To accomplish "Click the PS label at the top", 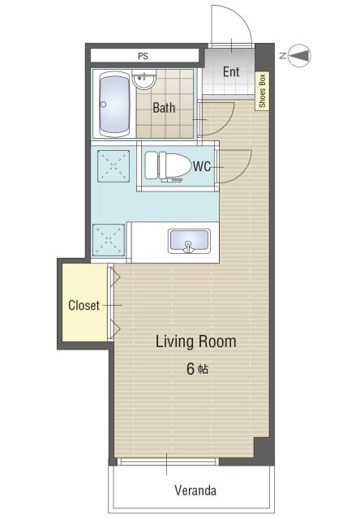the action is (143, 56).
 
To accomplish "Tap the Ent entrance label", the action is (231, 72).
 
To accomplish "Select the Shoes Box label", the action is (262, 91).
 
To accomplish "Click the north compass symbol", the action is (299, 55).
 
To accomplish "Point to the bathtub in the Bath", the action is (114, 104).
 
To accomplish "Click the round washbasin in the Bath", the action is (144, 79).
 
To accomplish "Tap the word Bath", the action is (164, 108).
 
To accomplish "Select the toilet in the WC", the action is (167, 165).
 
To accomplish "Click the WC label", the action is (202, 166).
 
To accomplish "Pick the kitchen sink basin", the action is (189, 241).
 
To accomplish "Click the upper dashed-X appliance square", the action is (114, 166).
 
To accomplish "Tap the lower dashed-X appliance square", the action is (109, 240).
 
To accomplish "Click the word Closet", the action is (84, 305).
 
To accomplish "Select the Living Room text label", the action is (196, 341).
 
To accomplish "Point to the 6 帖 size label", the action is (197, 369).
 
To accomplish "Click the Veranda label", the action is (195, 490).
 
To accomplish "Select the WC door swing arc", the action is (242, 171).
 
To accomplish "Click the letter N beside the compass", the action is (283, 56).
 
